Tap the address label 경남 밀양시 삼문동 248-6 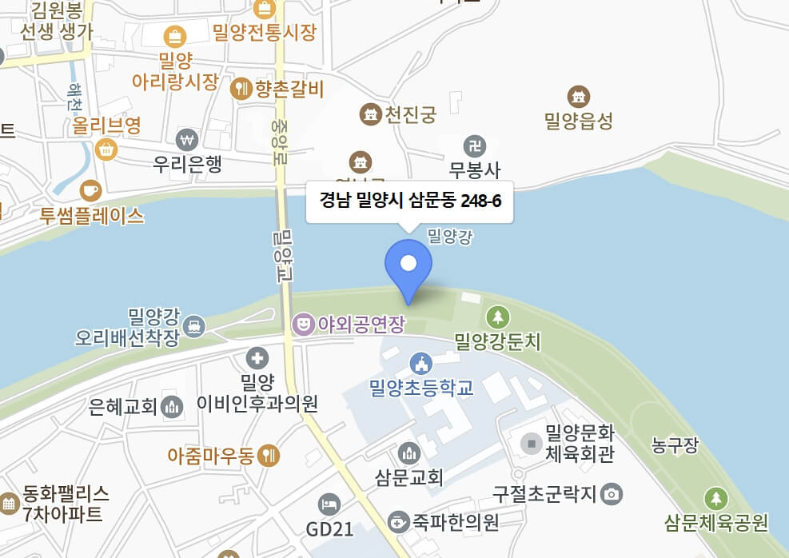pyautogui.click(x=410, y=201)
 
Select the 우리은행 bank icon pyautogui.click(x=188, y=139)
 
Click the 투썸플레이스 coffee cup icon pyautogui.click(x=90, y=190)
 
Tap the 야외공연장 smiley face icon pyautogui.click(x=303, y=324)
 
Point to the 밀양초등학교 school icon pyautogui.click(x=420, y=364)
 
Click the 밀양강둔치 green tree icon pyautogui.click(x=498, y=317)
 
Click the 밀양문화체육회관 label pyautogui.click(x=579, y=444)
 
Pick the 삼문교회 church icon pyautogui.click(x=408, y=453)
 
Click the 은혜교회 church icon pyautogui.click(x=172, y=407)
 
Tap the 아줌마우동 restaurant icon pyautogui.click(x=269, y=456)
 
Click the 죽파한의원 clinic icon pyautogui.click(x=397, y=523)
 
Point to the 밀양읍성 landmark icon pyautogui.click(x=578, y=97)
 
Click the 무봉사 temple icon pyautogui.click(x=475, y=145)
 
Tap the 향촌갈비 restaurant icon pyautogui.click(x=241, y=89)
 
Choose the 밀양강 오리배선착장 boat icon pyautogui.click(x=193, y=326)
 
